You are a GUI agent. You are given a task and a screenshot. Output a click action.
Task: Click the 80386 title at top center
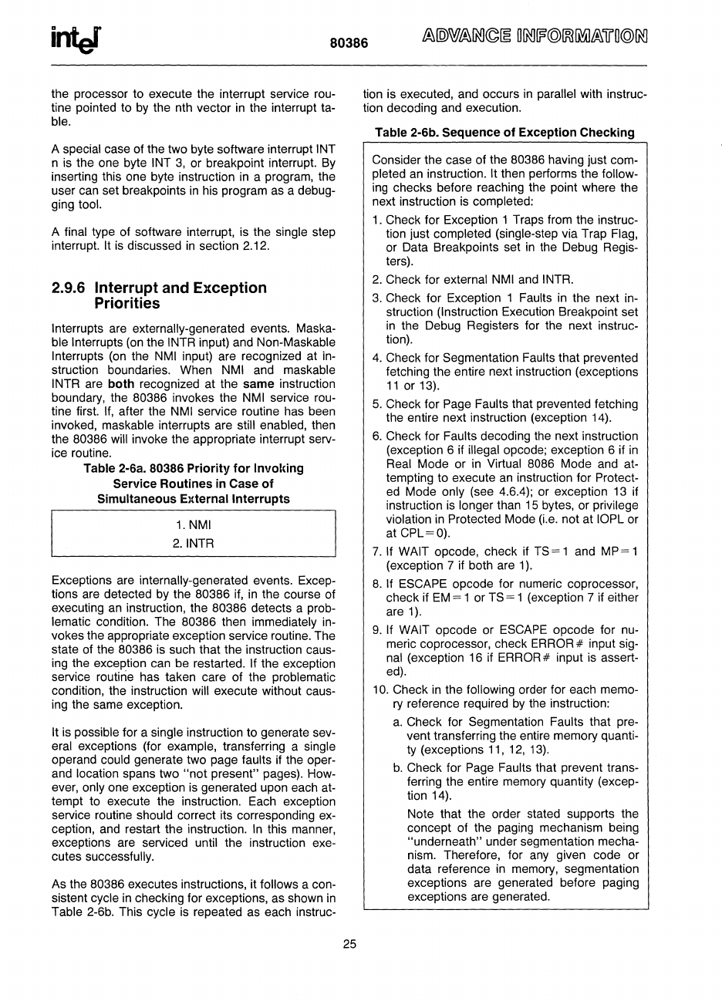point(349,44)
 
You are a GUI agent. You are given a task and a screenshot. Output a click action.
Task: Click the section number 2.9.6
point(70,288)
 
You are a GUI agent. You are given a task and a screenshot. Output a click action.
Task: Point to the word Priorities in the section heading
point(127,304)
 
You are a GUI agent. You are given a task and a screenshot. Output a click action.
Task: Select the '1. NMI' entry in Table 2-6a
point(193,525)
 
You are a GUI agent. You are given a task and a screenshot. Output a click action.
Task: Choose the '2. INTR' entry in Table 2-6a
point(194,543)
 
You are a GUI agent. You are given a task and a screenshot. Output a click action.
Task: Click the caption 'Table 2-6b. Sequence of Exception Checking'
point(504,133)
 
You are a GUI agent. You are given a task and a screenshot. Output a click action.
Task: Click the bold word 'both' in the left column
point(121,384)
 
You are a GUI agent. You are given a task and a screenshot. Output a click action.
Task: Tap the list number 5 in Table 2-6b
point(376,404)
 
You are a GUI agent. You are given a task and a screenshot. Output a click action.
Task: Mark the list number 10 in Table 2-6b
point(380,690)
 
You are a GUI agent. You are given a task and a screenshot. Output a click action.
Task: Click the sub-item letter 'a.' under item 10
point(398,723)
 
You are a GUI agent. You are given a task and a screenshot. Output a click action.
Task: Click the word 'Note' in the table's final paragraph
point(421,814)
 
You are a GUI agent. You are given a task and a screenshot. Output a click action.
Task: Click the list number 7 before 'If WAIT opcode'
point(376,552)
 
